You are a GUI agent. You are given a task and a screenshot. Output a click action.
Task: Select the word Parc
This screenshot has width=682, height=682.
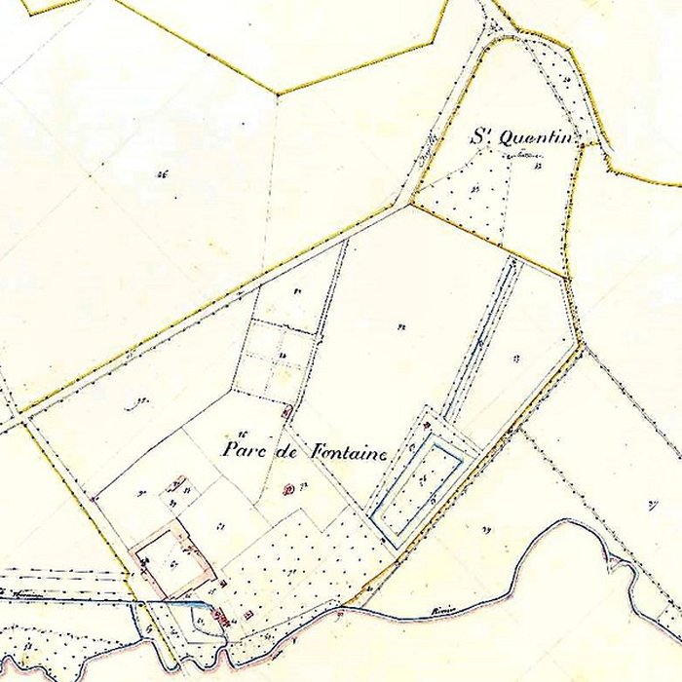pyautogui.click(x=244, y=450)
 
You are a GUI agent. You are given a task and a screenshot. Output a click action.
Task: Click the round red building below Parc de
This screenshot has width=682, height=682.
pyautogui.click(x=288, y=488)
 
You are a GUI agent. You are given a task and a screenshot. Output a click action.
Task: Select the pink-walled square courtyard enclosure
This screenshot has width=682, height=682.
pyautogui.click(x=171, y=559)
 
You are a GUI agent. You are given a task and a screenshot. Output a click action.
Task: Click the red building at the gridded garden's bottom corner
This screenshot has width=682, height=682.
pyautogui.click(x=285, y=413)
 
